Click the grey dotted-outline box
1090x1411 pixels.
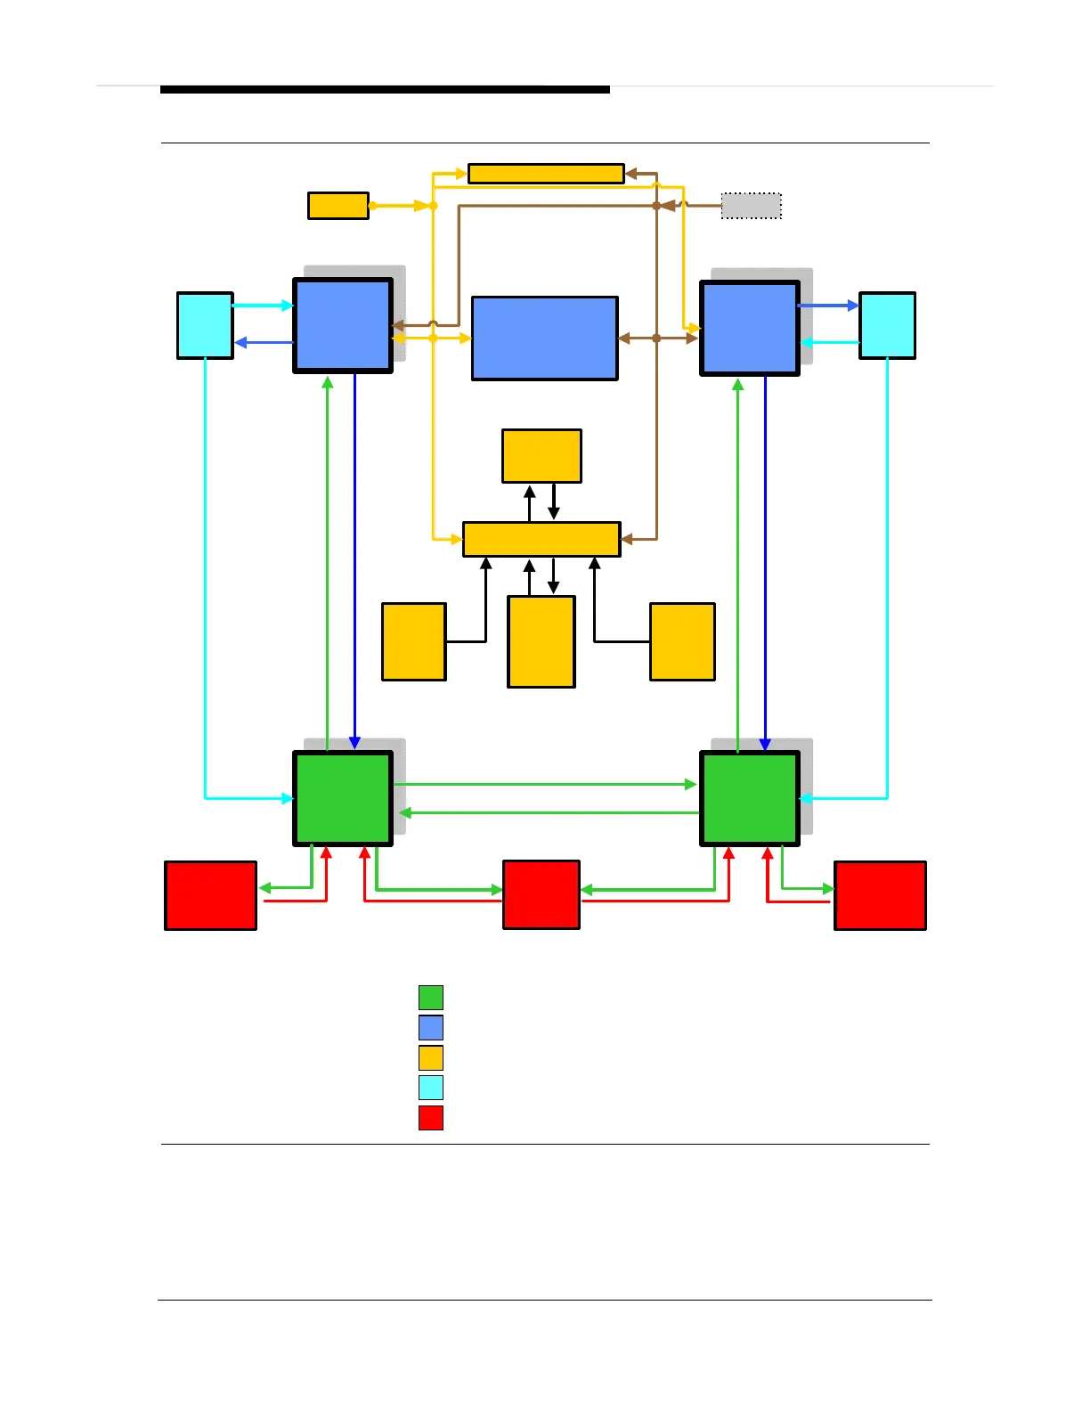[x=751, y=206]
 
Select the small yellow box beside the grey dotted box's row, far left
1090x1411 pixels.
[x=338, y=206]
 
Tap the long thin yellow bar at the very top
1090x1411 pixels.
[x=546, y=174]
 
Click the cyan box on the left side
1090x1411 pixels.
[x=205, y=325]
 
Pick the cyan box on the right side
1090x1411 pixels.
[x=887, y=325]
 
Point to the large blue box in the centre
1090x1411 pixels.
[x=544, y=338]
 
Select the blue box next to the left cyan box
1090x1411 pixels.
[x=343, y=325]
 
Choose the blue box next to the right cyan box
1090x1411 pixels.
[x=750, y=328]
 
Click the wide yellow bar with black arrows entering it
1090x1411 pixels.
[x=541, y=539]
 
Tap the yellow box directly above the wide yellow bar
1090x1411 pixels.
[x=541, y=456]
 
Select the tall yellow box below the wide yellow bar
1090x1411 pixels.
[x=541, y=641]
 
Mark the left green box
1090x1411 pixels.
[x=343, y=798]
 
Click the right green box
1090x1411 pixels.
[x=750, y=798]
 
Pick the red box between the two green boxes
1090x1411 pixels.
[x=541, y=894]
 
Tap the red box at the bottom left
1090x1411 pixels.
[x=211, y=895]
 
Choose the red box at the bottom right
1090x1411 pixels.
[x=880, y=895]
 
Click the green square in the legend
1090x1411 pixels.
[x=431, y=998]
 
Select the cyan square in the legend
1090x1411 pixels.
[x=431, y=1088]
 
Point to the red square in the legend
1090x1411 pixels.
[x=431, y=1118]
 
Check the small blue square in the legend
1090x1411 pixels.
[x=431, y=1028]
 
